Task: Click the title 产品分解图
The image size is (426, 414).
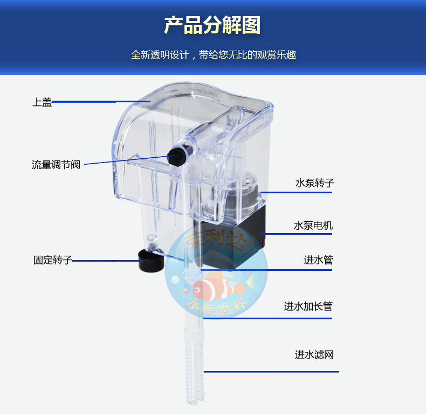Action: coord(212,25)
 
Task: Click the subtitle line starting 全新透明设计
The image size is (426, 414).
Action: coord(213,55)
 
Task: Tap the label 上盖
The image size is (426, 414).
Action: coord(42,102)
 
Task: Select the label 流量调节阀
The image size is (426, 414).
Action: coord(56,165)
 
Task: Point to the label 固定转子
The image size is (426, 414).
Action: coord(52,261)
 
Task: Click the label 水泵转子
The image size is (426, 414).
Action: coord(314,183)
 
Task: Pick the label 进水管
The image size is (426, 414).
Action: coord(318,260)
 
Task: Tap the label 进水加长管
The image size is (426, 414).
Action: coord(308,306)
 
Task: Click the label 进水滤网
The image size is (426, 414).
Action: coord(314,355)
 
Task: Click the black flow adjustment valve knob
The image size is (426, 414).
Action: coord(177,157)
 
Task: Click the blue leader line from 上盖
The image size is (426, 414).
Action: coord(84,101)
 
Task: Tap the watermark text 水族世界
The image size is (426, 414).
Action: coord(216,306)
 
